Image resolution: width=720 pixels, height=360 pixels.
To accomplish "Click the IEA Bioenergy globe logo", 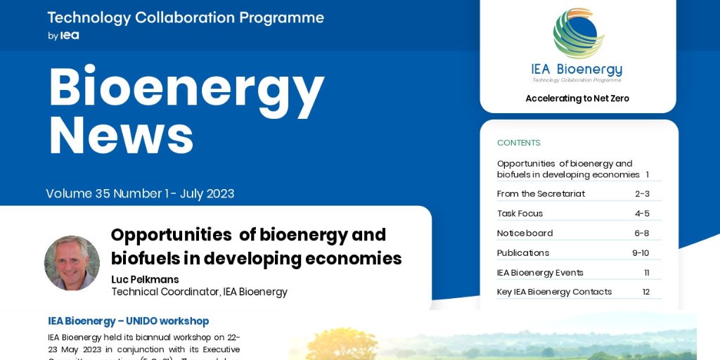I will click(578, 34).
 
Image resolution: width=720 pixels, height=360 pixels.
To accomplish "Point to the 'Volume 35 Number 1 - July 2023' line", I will click(140, 193).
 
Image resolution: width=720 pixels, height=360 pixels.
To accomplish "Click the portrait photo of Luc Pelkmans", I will click(72, 263).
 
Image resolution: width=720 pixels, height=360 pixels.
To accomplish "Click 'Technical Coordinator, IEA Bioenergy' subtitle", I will click(199, 292).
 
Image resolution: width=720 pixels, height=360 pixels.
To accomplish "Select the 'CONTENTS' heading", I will click(518, 143).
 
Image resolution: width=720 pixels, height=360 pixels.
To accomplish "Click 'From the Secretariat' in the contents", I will click(540, 193).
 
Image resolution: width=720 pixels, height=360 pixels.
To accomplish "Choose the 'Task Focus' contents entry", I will click(520, 213).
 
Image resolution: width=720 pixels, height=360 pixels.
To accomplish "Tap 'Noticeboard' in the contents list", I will click(525, 233).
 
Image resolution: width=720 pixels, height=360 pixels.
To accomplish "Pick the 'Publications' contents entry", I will click(522, 252).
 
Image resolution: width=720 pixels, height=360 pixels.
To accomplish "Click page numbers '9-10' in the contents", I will click(640, 252).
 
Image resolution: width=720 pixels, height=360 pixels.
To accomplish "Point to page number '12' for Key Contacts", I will click(645, 292).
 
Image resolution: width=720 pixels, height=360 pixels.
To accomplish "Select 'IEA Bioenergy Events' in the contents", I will click(540, 272).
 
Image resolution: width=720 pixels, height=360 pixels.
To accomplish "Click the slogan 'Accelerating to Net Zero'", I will click(577, 98).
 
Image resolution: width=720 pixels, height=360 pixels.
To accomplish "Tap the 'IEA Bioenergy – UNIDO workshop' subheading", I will click(128, 321).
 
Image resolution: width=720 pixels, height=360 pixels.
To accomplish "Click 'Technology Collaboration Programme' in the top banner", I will click(186, 18).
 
